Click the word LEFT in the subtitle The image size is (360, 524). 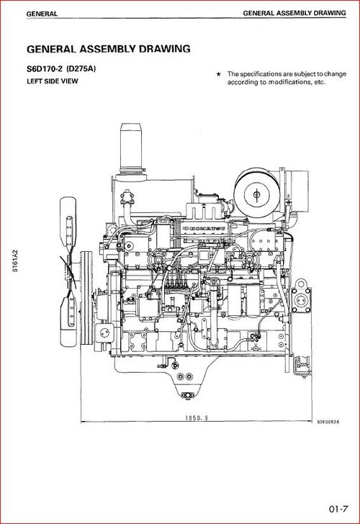[x=37, y=81]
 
